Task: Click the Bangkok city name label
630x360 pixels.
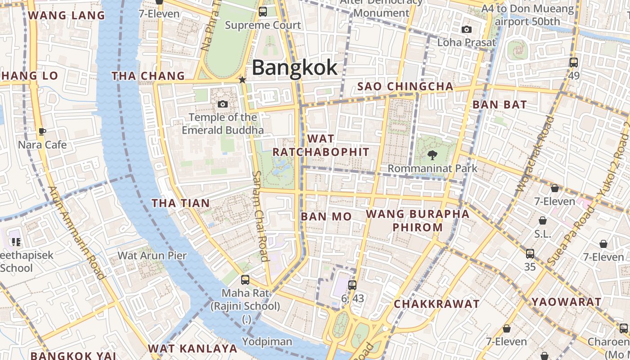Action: [294, 67]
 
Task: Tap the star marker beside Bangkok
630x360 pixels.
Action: [243, 80]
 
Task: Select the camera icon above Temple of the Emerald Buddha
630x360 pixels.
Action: [222, 104]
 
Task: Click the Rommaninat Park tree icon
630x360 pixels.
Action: [432, 155]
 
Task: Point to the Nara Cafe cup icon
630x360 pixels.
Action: [42, 131]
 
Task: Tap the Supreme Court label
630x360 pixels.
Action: [263, 25]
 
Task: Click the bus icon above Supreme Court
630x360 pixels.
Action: [263, 12]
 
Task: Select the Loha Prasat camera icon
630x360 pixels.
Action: [467, 30]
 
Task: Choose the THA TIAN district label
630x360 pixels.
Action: [180, 203]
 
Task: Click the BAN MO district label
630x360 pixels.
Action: [326, 216]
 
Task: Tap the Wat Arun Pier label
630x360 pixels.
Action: [152, 256]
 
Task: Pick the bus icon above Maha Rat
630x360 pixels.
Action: [245, 279]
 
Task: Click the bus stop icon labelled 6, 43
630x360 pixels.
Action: [352, 285]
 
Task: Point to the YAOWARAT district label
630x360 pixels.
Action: [567, 302]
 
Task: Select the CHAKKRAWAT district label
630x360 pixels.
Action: [436, 304]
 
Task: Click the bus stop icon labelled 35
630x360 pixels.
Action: [530, 253]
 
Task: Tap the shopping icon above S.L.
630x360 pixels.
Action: [543, 220]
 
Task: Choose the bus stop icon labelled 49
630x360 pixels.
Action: [574, 62]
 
